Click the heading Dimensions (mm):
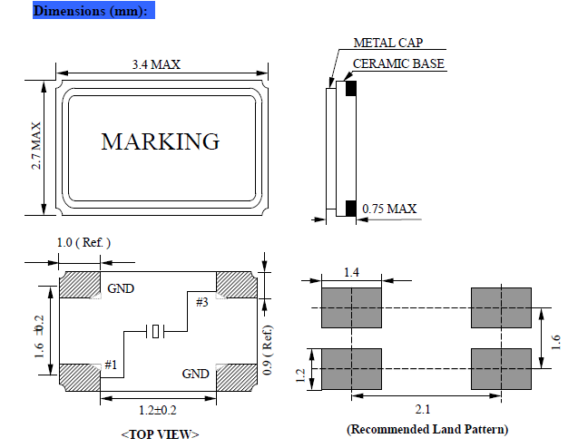(x=88, y=11)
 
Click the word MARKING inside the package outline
(x=161, y=142)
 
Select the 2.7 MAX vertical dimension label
(x=37, y=145)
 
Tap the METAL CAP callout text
(x=387, y=43)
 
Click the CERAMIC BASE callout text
(x=398, y=64)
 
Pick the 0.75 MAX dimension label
(x=389, y=209)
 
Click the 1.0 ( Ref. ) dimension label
(x=83, y=243)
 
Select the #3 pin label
(x=201, y=302)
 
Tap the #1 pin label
(x=111, y=365)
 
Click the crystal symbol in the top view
(x=157, y=332)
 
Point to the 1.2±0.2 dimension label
(x=157, y=411)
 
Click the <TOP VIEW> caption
(x=160, y=434)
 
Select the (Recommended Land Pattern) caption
(x=426, y=429)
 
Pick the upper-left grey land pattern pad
(x=351, y=307)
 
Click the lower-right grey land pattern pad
(x=501, y=368)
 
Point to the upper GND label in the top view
(x=121, y=289)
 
